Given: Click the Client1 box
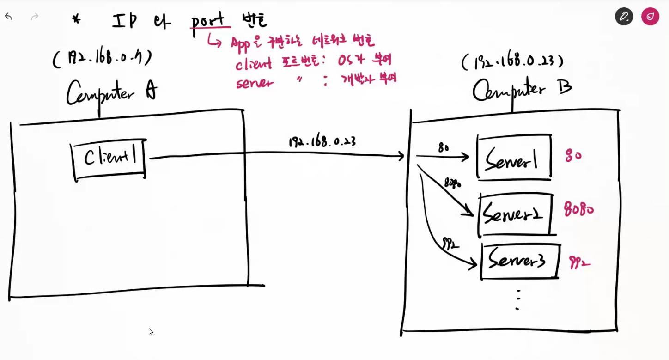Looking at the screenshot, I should tap(109, 159).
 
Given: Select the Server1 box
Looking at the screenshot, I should tap(514, 157).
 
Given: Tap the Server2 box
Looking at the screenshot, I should tap(515, 214).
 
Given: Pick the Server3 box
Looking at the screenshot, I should tap(519, 262).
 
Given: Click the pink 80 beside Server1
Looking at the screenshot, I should tap(573, 156).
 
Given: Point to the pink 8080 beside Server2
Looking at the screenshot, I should tap(578, 210).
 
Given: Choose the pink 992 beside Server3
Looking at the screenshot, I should tap(579, 263).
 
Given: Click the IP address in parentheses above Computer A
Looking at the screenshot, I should tap(102, 59).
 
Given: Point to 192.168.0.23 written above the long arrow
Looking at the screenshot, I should tap(322, 141).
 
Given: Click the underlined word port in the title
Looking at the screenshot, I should tap(208, 21).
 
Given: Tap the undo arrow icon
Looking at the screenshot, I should tap(8, 17).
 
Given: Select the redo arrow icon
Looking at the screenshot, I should tap(34, 17).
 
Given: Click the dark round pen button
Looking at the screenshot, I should tap(624, 17).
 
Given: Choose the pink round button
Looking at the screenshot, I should tap(650, 17).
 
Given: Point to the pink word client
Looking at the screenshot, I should tap(254, 64).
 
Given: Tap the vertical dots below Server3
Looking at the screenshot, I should tap(518, 299).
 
